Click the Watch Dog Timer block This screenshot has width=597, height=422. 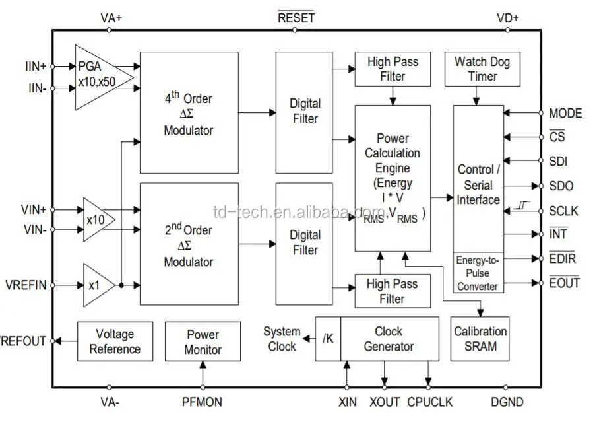[x=482, y=69]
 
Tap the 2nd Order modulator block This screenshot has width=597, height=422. [x=189, y=243]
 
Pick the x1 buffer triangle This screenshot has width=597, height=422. [x=95, y=285]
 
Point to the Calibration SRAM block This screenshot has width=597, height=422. [x=480, y=338]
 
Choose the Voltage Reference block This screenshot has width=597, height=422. [x=115, y=341]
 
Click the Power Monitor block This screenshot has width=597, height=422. [x=203, y=341]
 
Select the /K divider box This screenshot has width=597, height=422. [x=328, y=339]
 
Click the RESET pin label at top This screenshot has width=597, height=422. [x=296, y=18]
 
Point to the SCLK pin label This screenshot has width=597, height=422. [x=563, y=211]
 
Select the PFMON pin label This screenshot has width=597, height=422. [x=202, y=401]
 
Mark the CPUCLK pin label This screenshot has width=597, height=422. [x=429, y=401]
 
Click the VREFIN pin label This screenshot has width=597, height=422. [x=26, y=285]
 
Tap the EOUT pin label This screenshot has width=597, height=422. [x=564, y=283]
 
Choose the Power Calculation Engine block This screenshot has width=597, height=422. [x=393, y=178]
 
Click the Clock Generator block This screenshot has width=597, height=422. [x=389, y=339]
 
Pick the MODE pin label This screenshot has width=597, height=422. [x=565, y=114]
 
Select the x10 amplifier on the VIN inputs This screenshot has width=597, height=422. [x=96, y=219]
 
